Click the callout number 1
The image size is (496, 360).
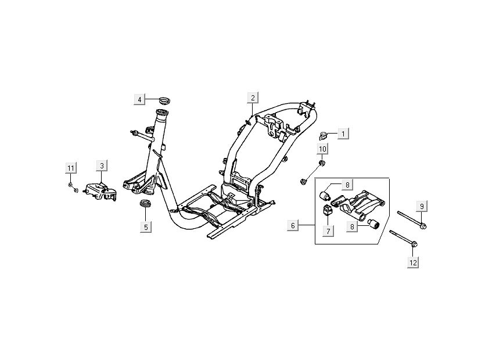(343, 134)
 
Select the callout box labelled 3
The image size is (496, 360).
(102, 165)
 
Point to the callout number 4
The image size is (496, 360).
(139, 99)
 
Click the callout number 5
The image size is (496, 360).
(146, 226)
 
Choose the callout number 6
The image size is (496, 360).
(293, 225)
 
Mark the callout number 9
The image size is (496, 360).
(423, 206)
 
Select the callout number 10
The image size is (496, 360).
(323, 149)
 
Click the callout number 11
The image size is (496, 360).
(70, 168)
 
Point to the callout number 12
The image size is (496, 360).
(413, 263)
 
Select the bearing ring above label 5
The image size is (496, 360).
(145, 204)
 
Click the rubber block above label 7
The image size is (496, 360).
(327, 210)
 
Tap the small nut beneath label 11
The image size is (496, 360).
(70, 185)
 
